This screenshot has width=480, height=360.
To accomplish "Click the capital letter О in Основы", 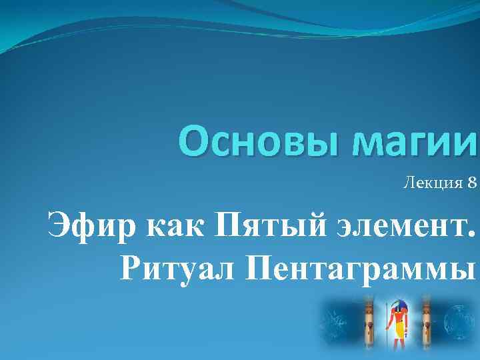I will (x=194, y=142).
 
